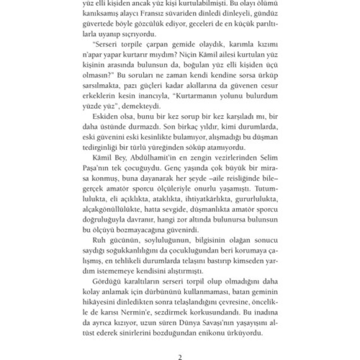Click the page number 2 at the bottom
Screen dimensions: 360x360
tap(180, 357)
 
